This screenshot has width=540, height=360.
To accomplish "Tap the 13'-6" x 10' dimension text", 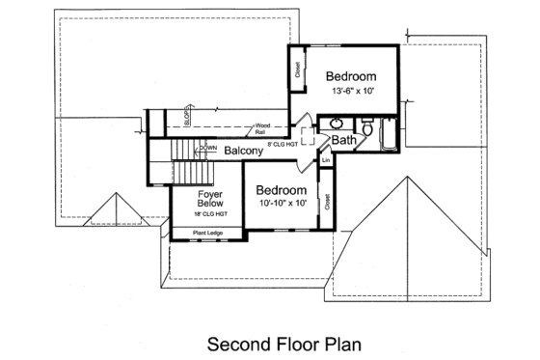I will coord(348,91).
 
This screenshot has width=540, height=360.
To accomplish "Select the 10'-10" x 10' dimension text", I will coord(281,204).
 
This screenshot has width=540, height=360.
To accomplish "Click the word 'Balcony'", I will coord(244,152).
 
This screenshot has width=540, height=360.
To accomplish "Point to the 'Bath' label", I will coord(344,142).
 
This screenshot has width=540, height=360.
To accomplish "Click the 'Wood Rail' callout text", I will coord(261,128).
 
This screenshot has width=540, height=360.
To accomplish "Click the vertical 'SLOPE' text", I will coord(186,119).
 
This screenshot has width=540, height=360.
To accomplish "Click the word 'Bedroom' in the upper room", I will coord(349,76).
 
